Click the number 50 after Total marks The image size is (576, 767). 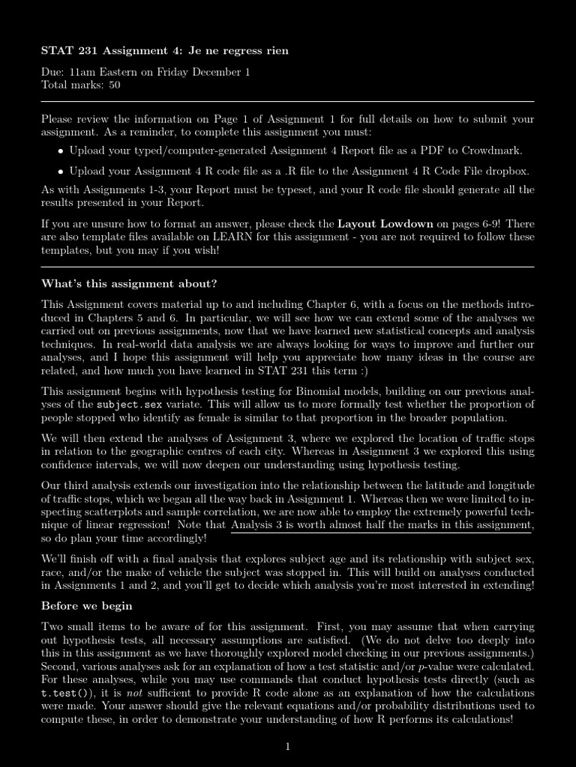[113, 85]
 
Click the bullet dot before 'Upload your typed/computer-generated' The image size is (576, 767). [61, 151]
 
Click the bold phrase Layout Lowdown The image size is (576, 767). [385, 224]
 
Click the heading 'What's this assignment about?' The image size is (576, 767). [129, 284]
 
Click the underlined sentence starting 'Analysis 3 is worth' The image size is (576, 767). [382, 525]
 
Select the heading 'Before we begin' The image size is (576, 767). [86, 606]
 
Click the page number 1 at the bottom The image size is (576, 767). [287, 746]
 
